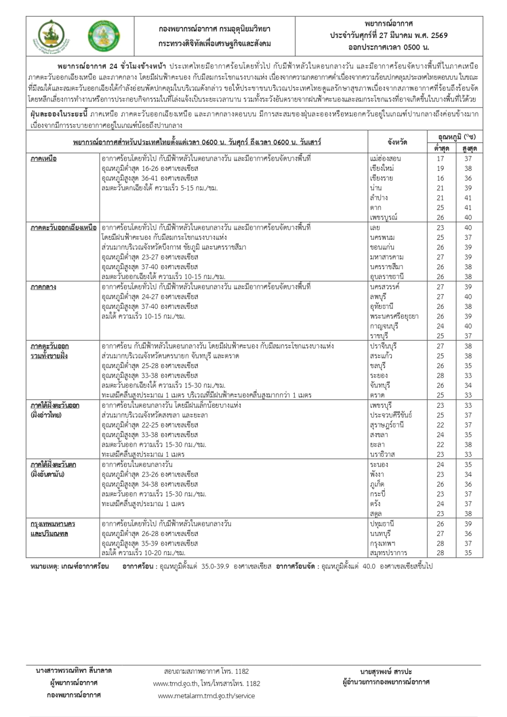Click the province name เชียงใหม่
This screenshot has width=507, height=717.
pyautogui.click(x=382, y=168)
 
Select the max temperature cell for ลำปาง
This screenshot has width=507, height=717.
pyautogui.click(x=467, y=198)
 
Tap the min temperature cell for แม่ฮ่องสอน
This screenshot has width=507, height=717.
pyautogui.click(x=440, y=159)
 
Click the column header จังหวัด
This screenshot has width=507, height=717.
pyautogui.click(x=397, y=142)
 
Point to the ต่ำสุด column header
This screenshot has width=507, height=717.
pyautogui.click(x=440, y=149)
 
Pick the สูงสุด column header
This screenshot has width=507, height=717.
pyautogui.click(x=467, y=149)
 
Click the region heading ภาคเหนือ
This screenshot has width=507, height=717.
pyautogui.click(x=44, y=159)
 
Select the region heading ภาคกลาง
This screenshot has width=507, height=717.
pyautogui.click(x=43, y=287)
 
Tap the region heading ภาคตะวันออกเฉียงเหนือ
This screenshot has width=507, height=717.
pyautogui.click(x=63, y=228)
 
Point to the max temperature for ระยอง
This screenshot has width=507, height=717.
pyautogui.click(x=467, y=376)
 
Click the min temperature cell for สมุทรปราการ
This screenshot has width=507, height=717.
pyautogui.click(x=440, y=553)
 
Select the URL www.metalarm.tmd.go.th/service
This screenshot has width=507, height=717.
pyautogui.click(x=206, y=696)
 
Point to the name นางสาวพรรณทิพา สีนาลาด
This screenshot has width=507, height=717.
pyautogui.click(x=74, y=670)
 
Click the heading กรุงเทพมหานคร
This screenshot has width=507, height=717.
pyautogui.click(x=53, y=524)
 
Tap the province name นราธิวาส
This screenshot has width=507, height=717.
pyautogui.click(x=382, y=454)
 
